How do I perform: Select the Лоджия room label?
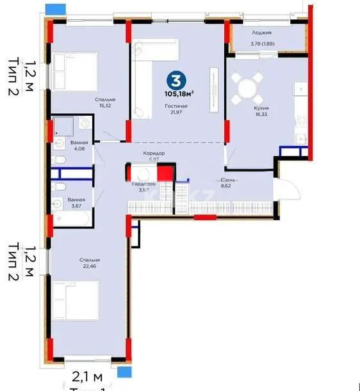click(261, 33)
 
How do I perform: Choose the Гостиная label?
click(176, 106)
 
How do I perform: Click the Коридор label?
click(154, 154)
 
